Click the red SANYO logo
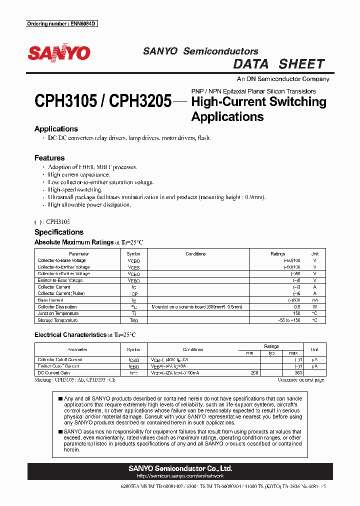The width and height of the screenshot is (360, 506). [x=59, y=53]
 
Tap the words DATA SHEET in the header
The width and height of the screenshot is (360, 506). [x=279, y=64]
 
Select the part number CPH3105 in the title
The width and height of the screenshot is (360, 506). [x=65, y=102]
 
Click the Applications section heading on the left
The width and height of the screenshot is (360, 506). [x=55, y=129]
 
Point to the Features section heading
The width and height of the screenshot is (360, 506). [x=49, y=158]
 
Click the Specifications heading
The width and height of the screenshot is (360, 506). [x=58, y=232]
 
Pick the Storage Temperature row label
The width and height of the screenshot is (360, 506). [x=57, y=320]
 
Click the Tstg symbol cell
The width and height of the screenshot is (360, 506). [x=133, y=320]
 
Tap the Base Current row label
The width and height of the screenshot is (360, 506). [x=50, y=300]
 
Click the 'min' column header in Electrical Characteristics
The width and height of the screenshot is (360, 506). [x=249, y=353]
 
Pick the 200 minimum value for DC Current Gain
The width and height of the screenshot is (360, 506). [x=254, y=373]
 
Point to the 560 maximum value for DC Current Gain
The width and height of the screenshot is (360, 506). [x=298, y=373]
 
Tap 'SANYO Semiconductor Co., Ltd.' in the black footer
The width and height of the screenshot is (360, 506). [x=180, y=468]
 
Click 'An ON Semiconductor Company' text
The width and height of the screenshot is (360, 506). [x=282, y=79]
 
